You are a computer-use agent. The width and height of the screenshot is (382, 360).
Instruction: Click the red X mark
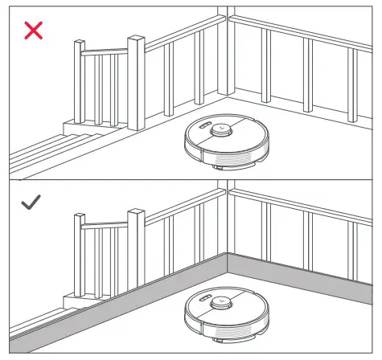click(32, 31)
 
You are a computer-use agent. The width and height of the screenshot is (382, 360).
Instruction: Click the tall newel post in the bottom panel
click(136, 253)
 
